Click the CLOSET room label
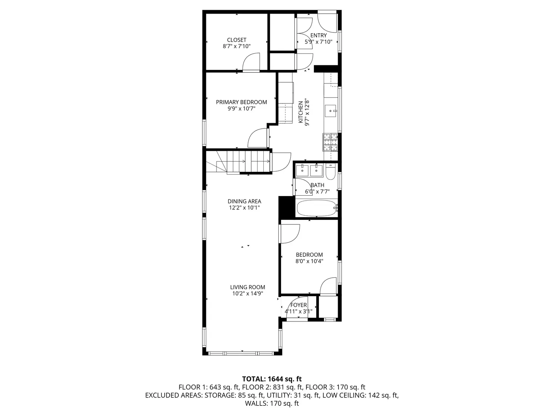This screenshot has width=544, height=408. point(236,40)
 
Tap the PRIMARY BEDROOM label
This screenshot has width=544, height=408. point(241,102)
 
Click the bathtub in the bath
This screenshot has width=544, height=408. point(316,208)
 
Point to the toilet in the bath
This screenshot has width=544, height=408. point(331,172)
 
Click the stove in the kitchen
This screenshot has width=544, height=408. point(330,142)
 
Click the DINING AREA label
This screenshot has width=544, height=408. point(244,201)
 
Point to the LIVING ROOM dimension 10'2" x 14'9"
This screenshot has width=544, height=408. point(248,293)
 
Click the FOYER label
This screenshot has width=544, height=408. point(298,305)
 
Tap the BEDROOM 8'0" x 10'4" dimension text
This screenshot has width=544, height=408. point(309,261)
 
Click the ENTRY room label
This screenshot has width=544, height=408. point(318,36)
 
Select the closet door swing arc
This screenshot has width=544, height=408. point(251,62)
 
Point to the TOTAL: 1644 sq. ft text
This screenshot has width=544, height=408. point(272,379)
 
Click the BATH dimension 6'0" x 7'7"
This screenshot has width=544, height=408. point(317,192)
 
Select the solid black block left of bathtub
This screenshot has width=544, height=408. point(286,207)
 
